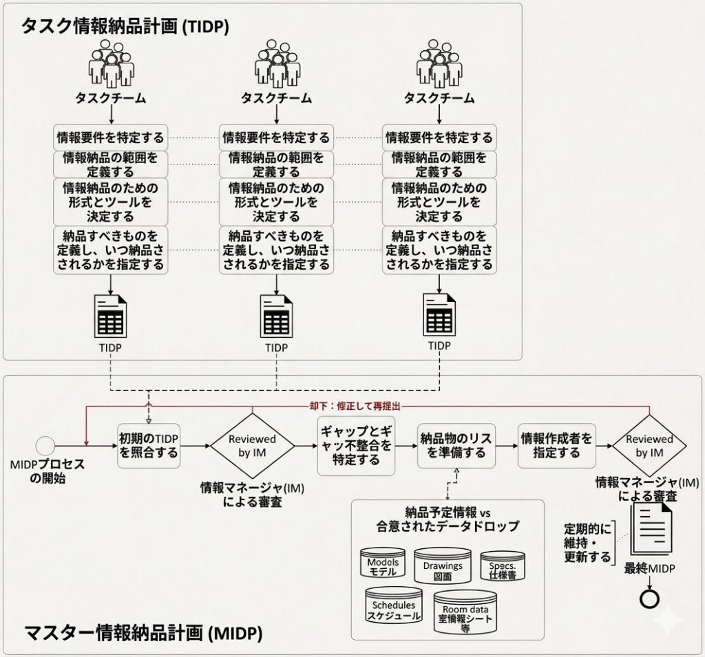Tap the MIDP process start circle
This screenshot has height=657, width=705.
[45, 444]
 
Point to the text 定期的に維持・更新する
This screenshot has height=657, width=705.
[587, 543]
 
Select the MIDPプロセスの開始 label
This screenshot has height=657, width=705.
[48, 471]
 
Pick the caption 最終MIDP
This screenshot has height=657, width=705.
[649, 568]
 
